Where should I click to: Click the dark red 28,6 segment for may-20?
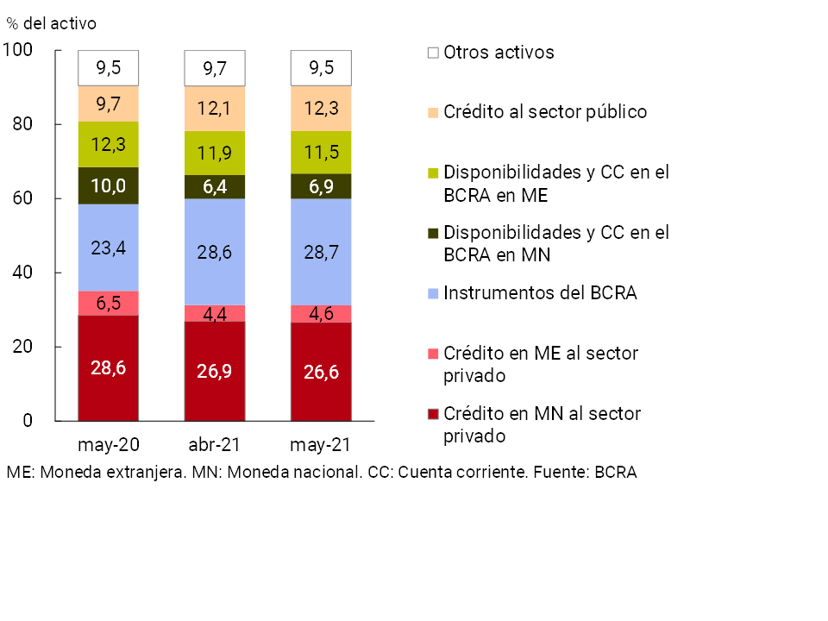(109, 368)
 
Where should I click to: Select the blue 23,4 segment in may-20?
(109, 248)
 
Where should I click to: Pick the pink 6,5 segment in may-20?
(109, 304)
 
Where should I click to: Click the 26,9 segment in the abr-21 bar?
(215, 372)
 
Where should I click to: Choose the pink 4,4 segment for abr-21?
(215, 313)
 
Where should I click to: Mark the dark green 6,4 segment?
(215, 187)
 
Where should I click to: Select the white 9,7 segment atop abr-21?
(215, 68)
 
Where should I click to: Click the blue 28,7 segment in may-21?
(322, 252)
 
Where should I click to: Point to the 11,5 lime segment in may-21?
(322, 153)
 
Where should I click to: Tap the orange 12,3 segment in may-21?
(322, 109)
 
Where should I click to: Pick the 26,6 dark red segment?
(322, 372)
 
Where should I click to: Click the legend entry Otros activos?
(499, 53)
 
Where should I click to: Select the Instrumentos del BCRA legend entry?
(539, 293)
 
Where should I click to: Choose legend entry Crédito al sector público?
(544, 112)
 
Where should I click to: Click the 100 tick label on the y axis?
(18, 51)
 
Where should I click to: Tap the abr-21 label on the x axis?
(215, 445)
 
